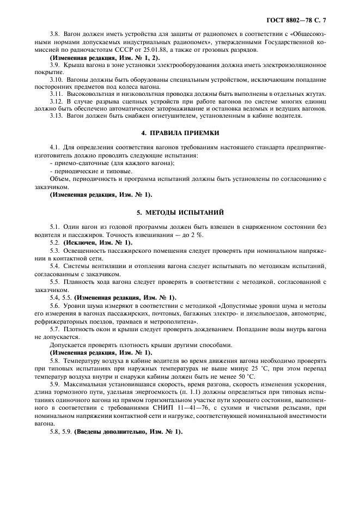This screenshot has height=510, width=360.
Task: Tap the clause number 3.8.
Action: click(x=55, y=35)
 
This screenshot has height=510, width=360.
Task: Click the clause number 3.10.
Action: click(x=56, y=79)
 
